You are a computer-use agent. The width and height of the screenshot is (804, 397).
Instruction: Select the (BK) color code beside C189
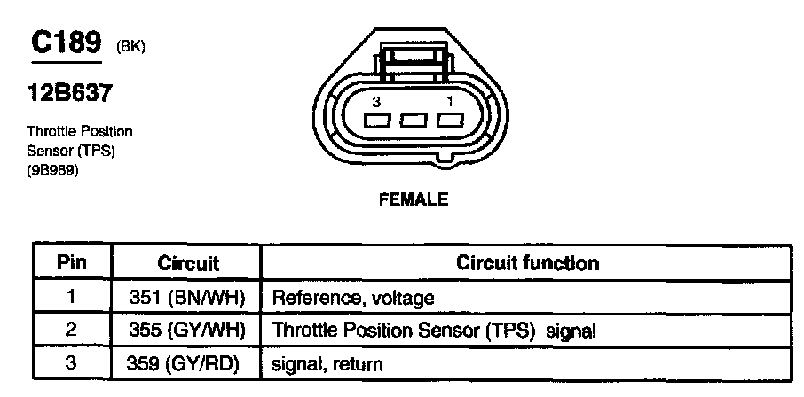[x=130, y=47]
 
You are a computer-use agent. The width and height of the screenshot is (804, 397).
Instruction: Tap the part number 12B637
[x=69, y=93]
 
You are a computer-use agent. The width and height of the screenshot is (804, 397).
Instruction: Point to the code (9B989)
[x=52, y=171]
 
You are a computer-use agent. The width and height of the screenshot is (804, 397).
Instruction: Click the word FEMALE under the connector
[x=414, y=199]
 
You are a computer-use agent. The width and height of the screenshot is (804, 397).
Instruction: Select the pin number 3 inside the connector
[x=376, y=103]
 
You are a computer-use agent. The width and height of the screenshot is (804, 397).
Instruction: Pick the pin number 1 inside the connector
[x=450, y=101]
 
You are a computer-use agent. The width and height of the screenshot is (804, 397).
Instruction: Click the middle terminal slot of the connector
[x=414, y=121]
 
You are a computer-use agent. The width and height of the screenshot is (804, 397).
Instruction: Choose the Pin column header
[x=72, y=263]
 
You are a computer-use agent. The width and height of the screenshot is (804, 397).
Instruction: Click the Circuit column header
[x=187, y=263]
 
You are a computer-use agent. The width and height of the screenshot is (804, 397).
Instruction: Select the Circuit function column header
[x=527, y=263]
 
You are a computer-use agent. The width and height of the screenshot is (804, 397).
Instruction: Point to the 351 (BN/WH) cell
[x=186, y=298]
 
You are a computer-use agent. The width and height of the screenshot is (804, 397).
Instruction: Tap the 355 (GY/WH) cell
[x=186, y=331]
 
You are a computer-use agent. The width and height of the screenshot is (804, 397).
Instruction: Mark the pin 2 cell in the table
[x=71, y=331]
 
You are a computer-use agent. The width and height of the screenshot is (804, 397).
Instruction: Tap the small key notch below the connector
[x=446, y=161]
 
